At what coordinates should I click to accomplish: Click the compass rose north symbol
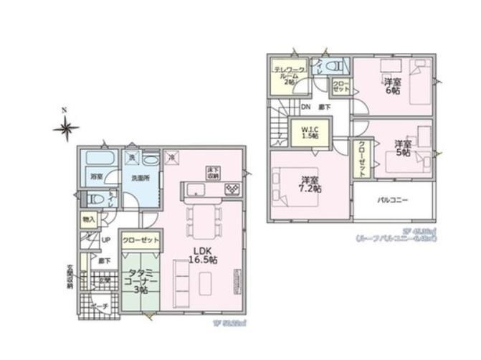66,128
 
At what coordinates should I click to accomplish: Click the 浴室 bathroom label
95,176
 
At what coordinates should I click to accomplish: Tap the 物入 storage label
89,219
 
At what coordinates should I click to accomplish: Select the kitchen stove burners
233,189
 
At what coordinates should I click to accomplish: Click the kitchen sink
195,189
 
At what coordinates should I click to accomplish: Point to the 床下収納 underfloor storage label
213,172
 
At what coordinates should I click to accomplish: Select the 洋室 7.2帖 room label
310,184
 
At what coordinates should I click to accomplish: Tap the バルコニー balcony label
392,200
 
